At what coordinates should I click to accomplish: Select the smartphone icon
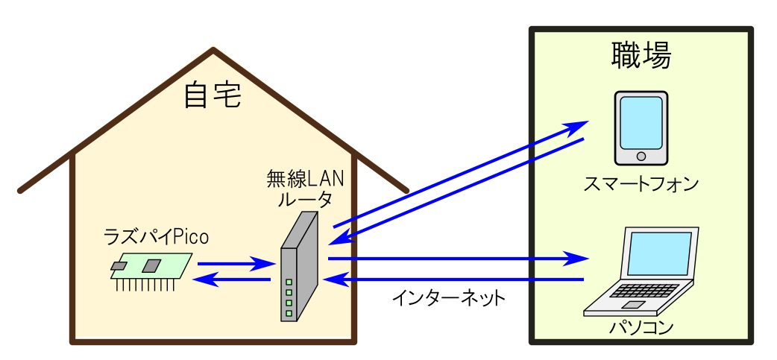[x=641, y=128]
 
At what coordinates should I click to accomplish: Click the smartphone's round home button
[x=641, y=157]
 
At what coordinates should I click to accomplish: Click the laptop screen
[x=657, y=253]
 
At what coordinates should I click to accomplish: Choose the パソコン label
[x=641, y=326]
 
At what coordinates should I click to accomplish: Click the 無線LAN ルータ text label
[x=299, y=189]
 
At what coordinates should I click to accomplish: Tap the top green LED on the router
[x=289, y=282]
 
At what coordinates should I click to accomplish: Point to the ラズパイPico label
[x=156, y=237]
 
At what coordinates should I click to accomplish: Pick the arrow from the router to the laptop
[x=455, y=259]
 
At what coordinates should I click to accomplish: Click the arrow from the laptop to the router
[x=455, y=280]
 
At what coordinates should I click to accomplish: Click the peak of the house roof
[x=214, y=51]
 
